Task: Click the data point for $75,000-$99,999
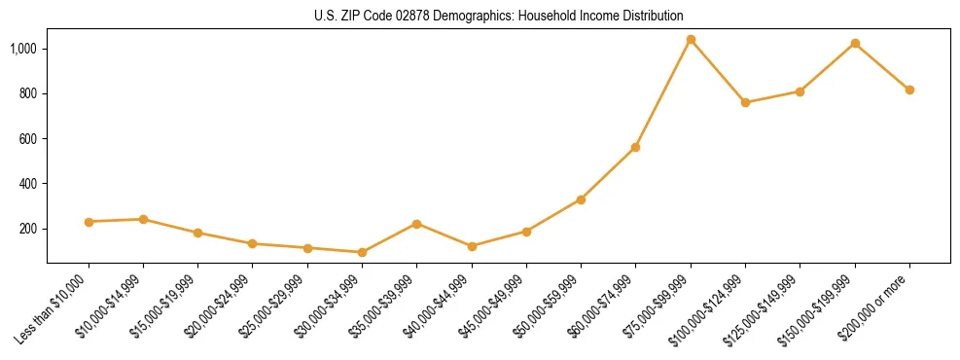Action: pyautogui.click(x=691, y=40)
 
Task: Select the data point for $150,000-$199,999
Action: pyautogui.click(x=855, y=44)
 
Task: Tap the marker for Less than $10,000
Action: pyautogui.click(x=89, y=222)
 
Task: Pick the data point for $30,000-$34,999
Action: pyautogui.click(x=362, y=252)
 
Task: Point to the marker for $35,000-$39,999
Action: pyautogui.click(x=416, y=224)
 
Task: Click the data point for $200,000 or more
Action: pyautogui.click(x=909, y=90)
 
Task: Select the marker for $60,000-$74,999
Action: pyautogui.click(x=635, y=147)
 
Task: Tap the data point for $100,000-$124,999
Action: pyautogui.click(x=745, y=102)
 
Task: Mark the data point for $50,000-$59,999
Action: pyautogui.click(x=581, y=199)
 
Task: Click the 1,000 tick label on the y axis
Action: pyautogui.click(x=23, y=49)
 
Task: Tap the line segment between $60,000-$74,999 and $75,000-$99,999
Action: pyautogui.click(x=663, y=93)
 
